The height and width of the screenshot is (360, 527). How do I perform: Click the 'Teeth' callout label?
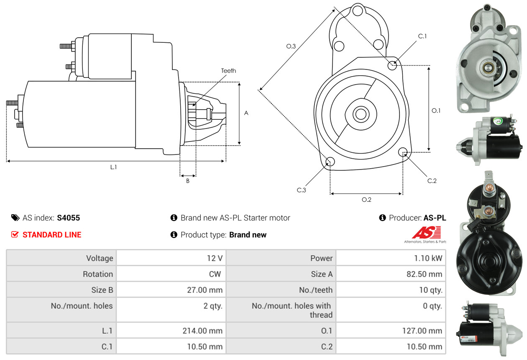228,71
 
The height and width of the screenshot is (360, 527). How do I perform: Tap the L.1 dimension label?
113,167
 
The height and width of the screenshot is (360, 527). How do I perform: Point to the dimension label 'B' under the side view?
188,181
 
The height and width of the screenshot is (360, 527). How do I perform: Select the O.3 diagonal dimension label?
291,46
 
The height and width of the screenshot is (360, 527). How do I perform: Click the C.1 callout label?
422,36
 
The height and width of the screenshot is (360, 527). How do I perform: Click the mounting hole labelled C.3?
330,162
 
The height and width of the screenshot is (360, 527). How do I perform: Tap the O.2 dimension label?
366,200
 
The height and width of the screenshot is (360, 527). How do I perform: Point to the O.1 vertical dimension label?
436,111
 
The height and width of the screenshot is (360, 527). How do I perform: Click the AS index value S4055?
68,218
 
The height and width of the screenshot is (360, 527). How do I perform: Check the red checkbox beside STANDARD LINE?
15,235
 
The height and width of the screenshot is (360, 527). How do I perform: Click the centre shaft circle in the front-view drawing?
359,113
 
